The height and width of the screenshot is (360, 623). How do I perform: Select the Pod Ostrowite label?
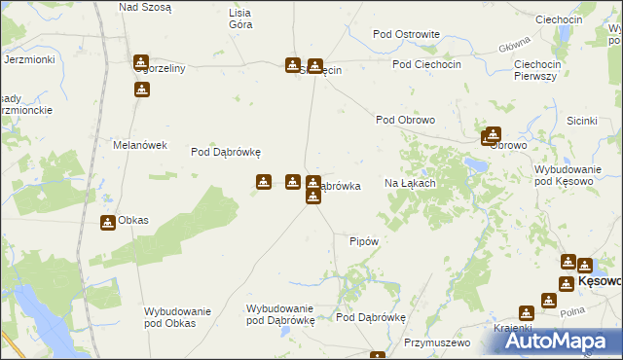(x=406, y=34)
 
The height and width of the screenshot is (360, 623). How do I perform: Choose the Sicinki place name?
(x=581, y=121)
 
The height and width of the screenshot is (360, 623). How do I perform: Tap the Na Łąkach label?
(x=409, y=183)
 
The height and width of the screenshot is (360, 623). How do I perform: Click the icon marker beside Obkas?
(x=107, y=222)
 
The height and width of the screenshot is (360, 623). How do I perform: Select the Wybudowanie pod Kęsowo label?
(x=570, y=175)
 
